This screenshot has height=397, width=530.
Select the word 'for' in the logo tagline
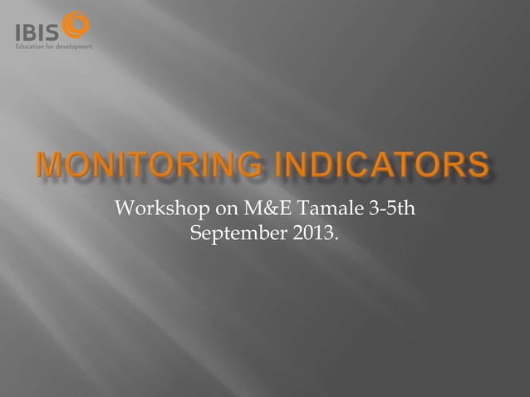pos(52,46)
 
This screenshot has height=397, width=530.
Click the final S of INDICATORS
pos(477,167)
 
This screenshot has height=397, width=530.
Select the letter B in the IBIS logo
pos(32,31)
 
